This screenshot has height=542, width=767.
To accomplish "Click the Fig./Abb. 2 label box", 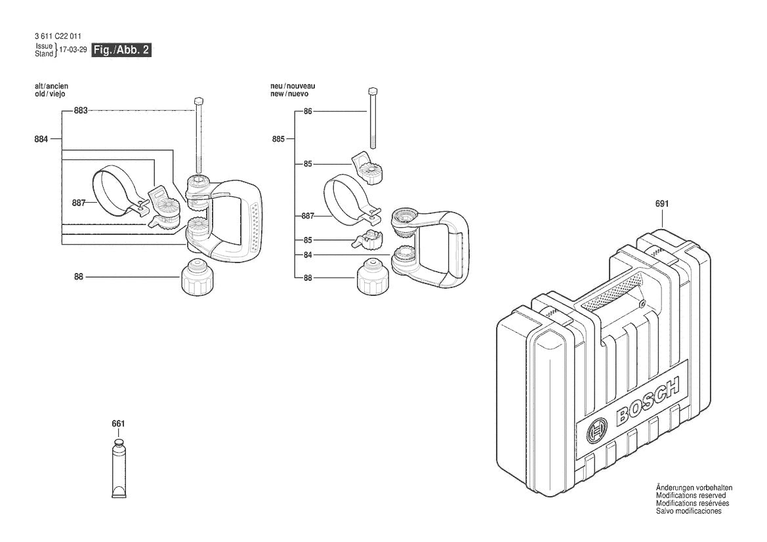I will (x=121, y=51).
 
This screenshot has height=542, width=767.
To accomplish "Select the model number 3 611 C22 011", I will (x=58, y=37).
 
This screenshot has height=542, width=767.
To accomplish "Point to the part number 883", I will (x=80, y=111).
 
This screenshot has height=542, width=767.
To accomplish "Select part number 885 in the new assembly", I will (x=279, y=138).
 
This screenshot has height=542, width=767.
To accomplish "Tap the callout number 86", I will (x=308, y=112).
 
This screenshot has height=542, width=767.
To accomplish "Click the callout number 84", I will (x=308, y=255).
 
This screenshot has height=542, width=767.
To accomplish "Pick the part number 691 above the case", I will (x=662, y=204).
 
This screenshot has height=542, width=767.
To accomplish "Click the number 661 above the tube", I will (x=118, y=424).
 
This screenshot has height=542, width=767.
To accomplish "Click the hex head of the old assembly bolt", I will (x=197, y=100).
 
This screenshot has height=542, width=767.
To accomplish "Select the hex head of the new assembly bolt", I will (x=373, y=91).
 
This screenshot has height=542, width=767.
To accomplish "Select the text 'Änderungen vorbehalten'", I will (x=694, y=488).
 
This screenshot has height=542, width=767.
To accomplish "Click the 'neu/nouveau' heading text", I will (x=293, y=87).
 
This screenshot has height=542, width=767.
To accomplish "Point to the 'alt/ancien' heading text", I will (x=51, y=87).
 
